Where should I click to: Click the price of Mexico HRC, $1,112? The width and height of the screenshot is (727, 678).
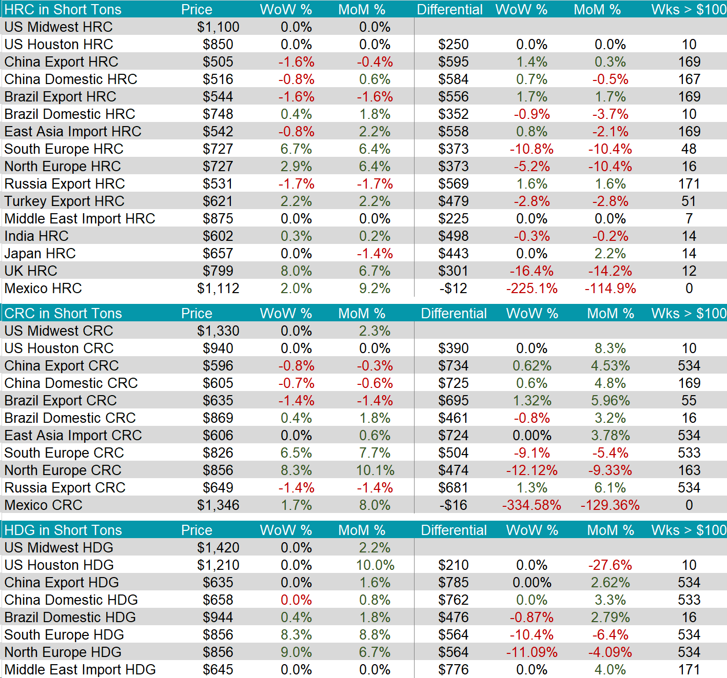point(218,289)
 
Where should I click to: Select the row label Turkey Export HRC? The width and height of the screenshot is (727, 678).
point(64,201)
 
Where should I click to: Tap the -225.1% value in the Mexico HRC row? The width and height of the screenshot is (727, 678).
point(532,289)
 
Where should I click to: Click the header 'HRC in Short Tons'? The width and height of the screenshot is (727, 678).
point(63,10)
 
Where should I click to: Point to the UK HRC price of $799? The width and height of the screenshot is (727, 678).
point(218,271)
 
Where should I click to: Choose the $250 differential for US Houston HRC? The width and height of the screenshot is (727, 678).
point(454,45)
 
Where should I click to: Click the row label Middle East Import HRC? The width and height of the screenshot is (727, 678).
point(80,219)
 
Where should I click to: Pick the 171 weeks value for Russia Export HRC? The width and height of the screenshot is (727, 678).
point(689,184)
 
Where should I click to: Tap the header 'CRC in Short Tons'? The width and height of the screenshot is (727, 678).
point(63,314)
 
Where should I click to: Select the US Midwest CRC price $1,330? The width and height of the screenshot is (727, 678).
point(218,331)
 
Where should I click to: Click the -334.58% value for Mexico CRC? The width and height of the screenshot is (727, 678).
point(532,505)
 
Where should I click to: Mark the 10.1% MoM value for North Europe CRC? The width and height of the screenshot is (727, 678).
point(375,470)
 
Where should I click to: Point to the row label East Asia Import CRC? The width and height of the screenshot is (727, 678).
point(73,436)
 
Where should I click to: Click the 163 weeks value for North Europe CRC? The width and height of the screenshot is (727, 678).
point(689,470)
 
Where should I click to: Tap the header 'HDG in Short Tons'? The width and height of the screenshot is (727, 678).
point(63,530)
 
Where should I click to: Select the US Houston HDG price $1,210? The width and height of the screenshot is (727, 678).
point(218,565)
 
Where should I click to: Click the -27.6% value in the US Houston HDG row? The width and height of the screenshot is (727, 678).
point(610,565)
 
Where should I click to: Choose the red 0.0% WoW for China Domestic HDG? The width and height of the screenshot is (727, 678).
point(296,600)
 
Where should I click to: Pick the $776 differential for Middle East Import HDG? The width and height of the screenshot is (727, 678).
point(454,670)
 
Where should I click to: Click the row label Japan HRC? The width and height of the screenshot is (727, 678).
point(40,254)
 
